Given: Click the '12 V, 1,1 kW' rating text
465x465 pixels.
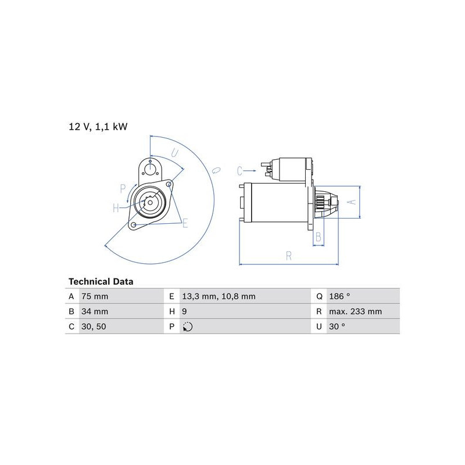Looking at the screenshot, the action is (98, 127).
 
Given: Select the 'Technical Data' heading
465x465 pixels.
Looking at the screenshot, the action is (101, 281).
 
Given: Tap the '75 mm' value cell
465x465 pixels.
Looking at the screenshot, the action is (95, 296).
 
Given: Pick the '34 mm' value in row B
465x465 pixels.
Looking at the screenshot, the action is (95, 312).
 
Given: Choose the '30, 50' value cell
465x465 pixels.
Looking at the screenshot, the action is (94, 327).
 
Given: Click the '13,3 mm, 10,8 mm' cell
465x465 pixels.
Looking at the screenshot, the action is (219, 296).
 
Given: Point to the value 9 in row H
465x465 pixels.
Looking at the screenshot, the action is (184, 312).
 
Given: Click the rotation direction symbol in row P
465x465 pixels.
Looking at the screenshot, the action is (188, 327).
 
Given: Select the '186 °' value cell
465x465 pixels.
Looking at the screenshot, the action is (339, 296).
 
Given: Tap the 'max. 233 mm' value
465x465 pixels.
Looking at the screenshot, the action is (356, 312).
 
